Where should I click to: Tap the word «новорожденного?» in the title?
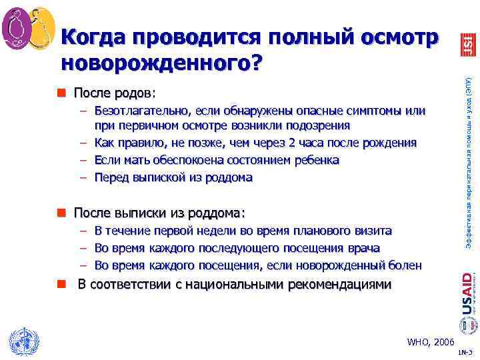pos(161,63)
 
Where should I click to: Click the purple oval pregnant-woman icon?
pos(15,27)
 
